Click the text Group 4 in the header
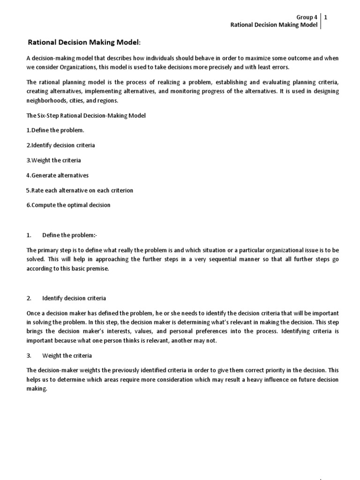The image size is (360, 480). (x=307, y=16)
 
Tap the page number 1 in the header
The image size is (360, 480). (x=326, y=16)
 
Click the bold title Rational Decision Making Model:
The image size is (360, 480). (x=84, y=43)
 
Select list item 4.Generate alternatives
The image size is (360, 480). (x=57, y=175)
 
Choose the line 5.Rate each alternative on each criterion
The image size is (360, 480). (x=80, y=190)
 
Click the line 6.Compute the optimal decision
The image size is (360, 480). (x=68, y=205)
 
